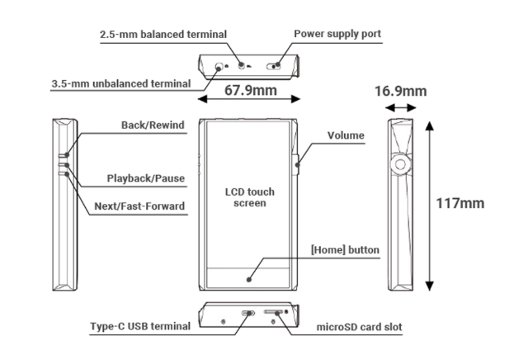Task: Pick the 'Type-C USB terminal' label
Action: click(139, 326)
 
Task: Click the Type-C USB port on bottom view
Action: click(246, 314)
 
